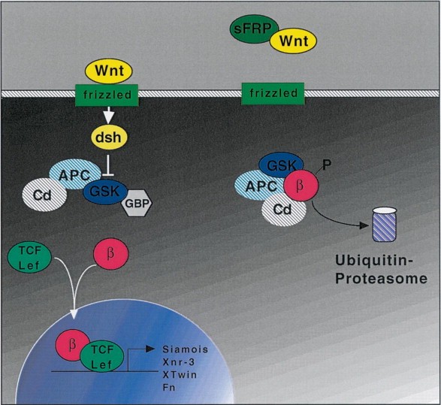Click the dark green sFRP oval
[x=253, y=29]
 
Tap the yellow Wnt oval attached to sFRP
[x=293, y=41]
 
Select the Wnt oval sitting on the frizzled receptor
[x=109, y=71]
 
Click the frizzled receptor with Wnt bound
[x=107, y=95]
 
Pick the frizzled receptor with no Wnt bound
[x=273, y=94]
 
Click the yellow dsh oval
[x=109, y=138]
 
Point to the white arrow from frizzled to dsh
[x=109, y=115]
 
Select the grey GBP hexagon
[x=137, y=203]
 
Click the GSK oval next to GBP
[x=104, y=192]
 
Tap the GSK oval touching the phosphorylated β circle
[x=281, y=166]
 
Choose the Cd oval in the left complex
[x=44, y=195]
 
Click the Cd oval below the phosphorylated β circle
[x=283, y=210]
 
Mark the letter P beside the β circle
[x=327, y=165]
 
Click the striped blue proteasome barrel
[x=385, y=225]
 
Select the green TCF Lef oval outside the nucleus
[x=29, y=258]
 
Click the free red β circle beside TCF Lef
[x=110, y=254]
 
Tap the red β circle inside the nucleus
[x=73, y=345]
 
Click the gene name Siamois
[x=186, y=349]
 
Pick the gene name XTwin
[x=180, y=375]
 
